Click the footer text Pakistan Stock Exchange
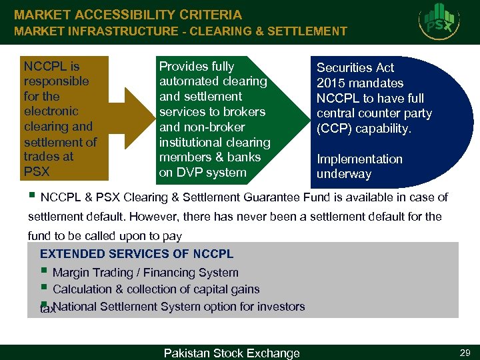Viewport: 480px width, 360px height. pos(231,353)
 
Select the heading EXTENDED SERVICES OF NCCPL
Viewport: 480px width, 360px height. pos(137,254)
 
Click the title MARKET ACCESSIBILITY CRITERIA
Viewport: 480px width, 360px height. pos(128,15)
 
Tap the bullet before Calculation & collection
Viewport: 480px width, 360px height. pos(43,287)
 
